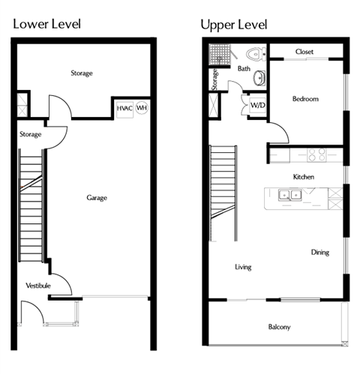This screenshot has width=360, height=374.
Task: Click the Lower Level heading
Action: tap(46, 24)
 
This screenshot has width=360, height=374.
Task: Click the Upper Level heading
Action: tap(234, 24)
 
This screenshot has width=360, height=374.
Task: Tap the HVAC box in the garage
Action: tap(124, 108)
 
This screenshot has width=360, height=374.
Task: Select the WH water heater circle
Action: tap(141, 108)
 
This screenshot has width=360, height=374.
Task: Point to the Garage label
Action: tap(97, 198)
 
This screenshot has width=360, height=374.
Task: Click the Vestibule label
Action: tap(38, 286)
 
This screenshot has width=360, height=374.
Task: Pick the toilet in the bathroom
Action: tap(256, 55)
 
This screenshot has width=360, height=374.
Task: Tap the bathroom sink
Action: tap(259, 78)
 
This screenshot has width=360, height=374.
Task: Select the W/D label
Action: tap(256, 105)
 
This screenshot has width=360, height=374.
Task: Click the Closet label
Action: tap(304, 52)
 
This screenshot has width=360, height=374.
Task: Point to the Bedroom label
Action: tap(305, 98)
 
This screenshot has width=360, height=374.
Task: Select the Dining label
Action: tap(319, 253)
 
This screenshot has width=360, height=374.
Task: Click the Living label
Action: tap(242, 267)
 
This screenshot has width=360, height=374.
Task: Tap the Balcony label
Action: tap(279, 327)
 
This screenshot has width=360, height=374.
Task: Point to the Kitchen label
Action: tap(303, 177)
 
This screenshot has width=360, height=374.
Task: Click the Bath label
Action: tap(244, 69)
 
